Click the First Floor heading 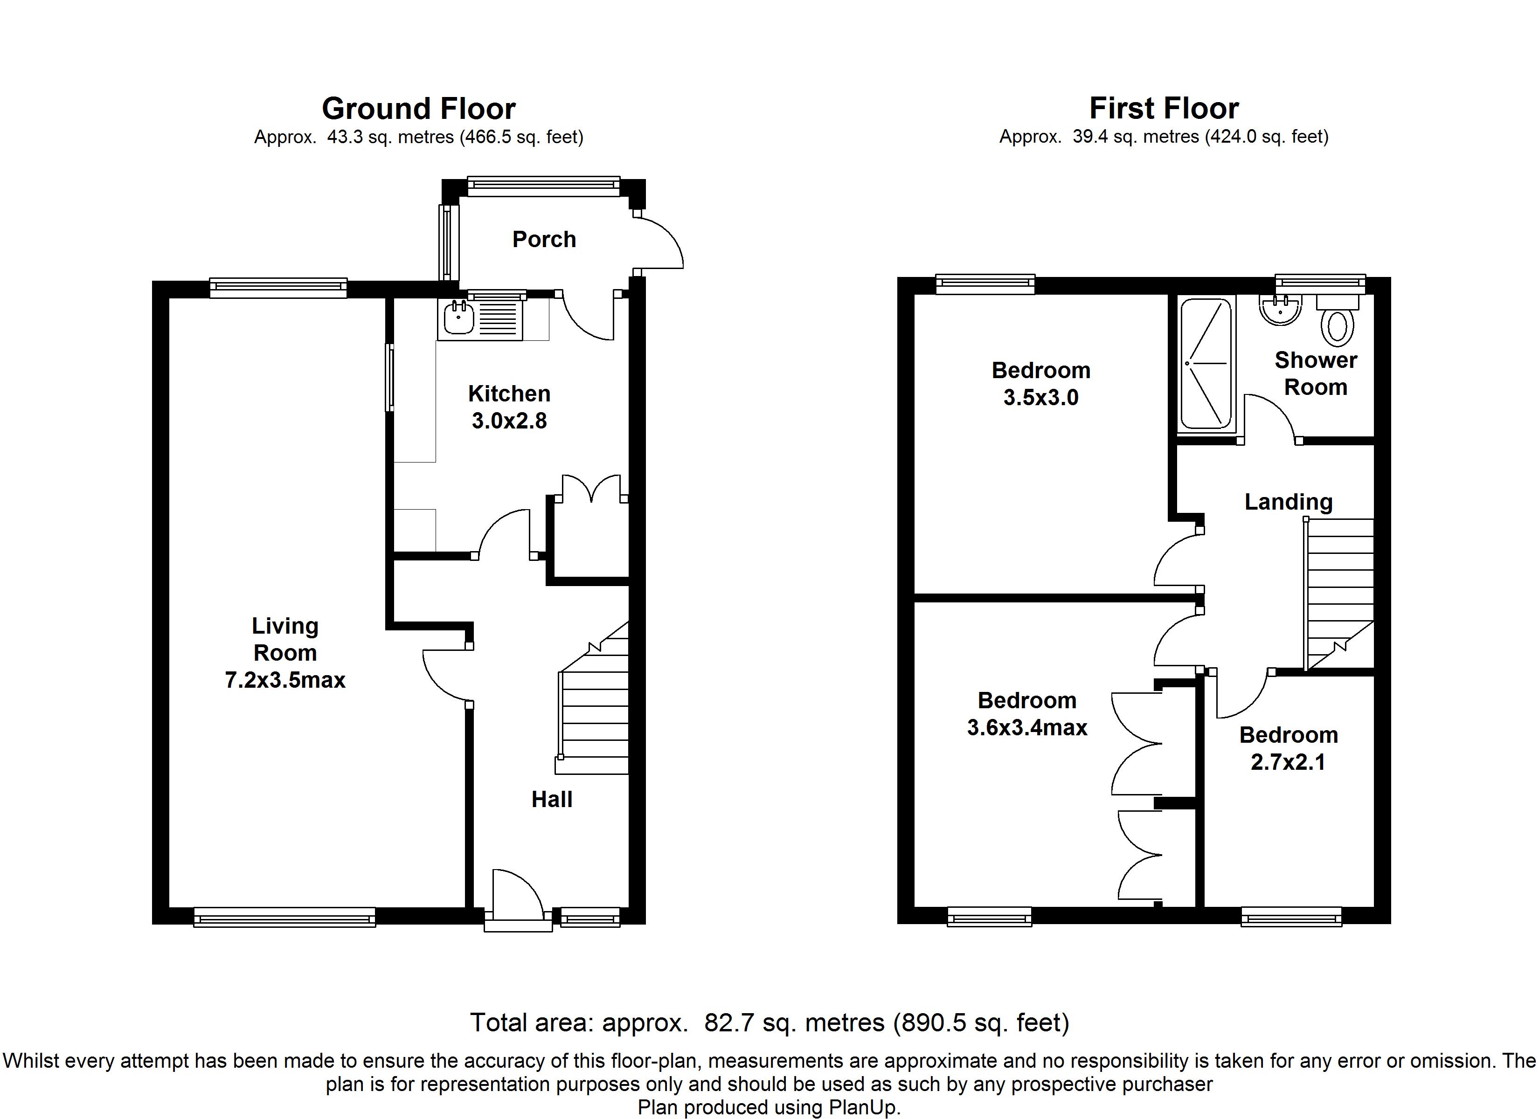point(1164,109)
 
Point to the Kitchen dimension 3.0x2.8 point(509,421)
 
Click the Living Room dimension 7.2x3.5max point(285,680)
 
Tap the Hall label point(552,799)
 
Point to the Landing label point(1288,502)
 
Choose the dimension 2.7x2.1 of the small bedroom point(1288,762)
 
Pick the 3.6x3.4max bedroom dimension point(1026,727)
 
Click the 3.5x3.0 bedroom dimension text point(1041,398)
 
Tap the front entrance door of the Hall point(517,894)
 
